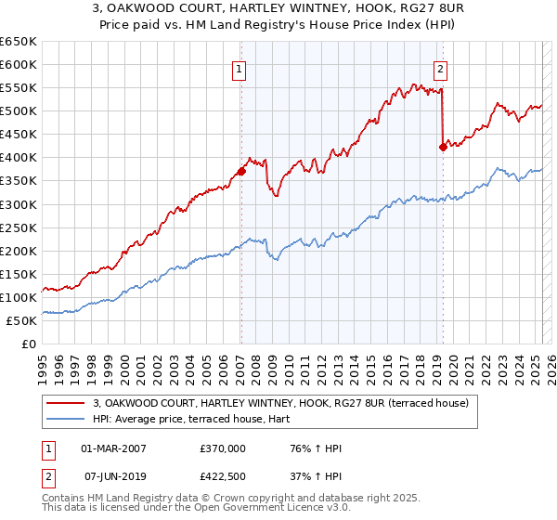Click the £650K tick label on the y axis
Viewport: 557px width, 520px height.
[x=19, y=42]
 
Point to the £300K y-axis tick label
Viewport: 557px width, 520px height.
[x=19, y=204]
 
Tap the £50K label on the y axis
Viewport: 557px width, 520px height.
[x=22, y=320]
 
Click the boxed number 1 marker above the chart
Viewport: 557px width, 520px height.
[x=240, y=68]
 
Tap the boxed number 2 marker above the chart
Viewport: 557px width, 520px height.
[x=440, y=68]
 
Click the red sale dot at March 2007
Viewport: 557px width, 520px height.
[x=241, y=171]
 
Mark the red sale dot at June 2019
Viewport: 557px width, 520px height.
[x=443, y=147]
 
